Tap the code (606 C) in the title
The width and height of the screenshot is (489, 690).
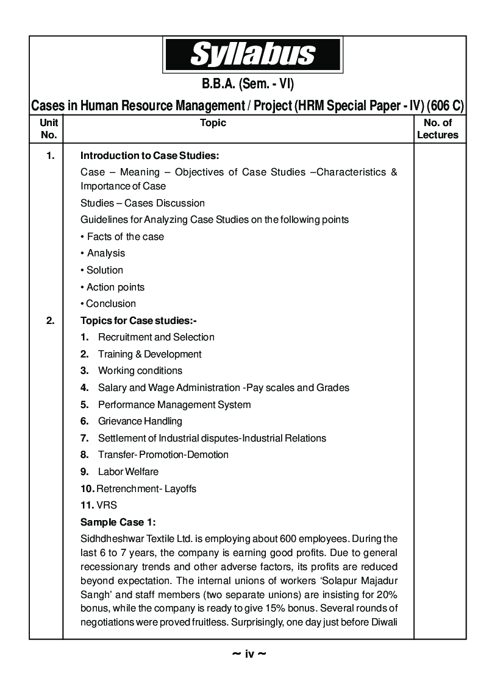point(445,105)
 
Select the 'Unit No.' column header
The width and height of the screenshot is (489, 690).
point(48,128)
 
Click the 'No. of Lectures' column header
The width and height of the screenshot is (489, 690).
point(437,128)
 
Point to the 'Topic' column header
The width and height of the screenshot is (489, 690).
point(213,122)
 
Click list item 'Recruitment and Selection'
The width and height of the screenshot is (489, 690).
point(156,337)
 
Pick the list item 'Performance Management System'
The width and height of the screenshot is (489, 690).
point(174,404)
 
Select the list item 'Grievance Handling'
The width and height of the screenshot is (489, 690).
point(140,421)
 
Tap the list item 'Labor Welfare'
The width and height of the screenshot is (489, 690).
point(128,471)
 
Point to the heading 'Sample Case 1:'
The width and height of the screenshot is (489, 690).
point(118,522)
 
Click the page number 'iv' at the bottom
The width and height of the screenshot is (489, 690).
point(249,654)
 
